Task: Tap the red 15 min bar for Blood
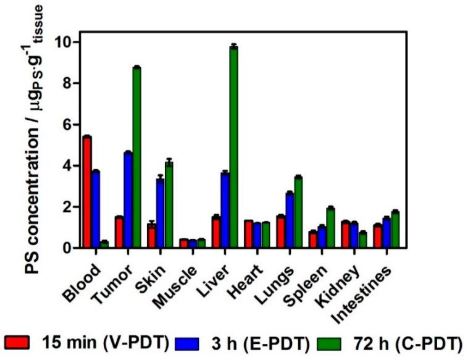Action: point(87,192)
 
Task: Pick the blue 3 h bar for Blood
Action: point(96,209)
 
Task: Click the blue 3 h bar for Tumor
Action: point(128,200)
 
